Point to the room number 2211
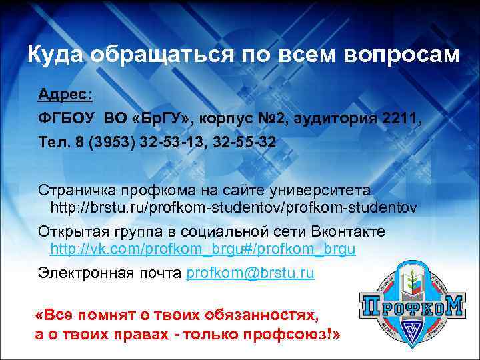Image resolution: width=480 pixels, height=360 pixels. pyautogui.click(x=399, y=119)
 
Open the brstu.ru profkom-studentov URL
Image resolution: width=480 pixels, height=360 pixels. pyautogui.click(x=234, y=207)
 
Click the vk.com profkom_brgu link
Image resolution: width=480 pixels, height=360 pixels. pyautogui.click(x=203, y=250)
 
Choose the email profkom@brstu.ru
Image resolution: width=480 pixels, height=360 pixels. pyautogui.click(x=251, y=273)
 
